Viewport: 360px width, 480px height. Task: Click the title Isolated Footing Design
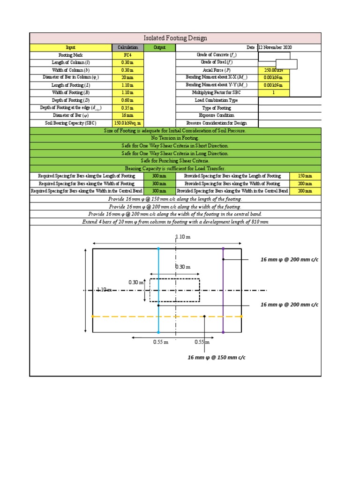click(x=175, y=38)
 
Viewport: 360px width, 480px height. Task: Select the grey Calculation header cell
click(x=127, y=47)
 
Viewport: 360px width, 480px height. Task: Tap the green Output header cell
click(x=159, y=47)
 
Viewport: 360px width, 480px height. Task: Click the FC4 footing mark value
click(x=127, y=55)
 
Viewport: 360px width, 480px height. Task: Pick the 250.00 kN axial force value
click(x=274, y=70)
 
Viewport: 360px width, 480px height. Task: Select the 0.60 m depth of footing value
click(x=127, y=100)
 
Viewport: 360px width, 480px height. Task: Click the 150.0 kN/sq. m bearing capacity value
click(x=127, y=123)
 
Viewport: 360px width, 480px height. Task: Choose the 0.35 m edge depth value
click(x=127, y=108)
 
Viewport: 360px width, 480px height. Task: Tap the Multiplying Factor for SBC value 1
click(x=274, y=93)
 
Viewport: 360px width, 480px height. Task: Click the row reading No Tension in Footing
click(x=175, y=138)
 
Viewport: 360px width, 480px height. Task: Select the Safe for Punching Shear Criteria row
click(x=175, y=161)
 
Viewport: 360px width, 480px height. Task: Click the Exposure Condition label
click(x=217, y=115)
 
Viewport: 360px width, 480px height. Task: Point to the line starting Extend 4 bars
click(x=175, y=221)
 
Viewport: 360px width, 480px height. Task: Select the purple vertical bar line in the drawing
click(x=223, y=291)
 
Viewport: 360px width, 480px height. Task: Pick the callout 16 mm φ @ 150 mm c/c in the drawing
click(x=217, y=358)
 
